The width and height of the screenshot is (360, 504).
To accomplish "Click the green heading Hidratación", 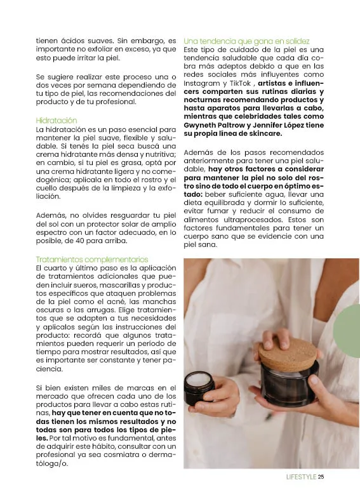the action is pos(57,121).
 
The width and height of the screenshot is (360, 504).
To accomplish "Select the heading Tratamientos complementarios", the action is pos(92,260).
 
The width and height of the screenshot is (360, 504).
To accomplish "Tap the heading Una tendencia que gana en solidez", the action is pos(246,41).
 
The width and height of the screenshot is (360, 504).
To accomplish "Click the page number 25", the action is pos(321,477).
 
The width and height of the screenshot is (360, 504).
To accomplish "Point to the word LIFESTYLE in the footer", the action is pos(301,477).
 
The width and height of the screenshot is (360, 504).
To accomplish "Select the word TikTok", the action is pos(240,83).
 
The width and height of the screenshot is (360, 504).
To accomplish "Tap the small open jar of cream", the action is pos(199,386).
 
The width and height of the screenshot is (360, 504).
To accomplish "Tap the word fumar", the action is pos(218,211).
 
